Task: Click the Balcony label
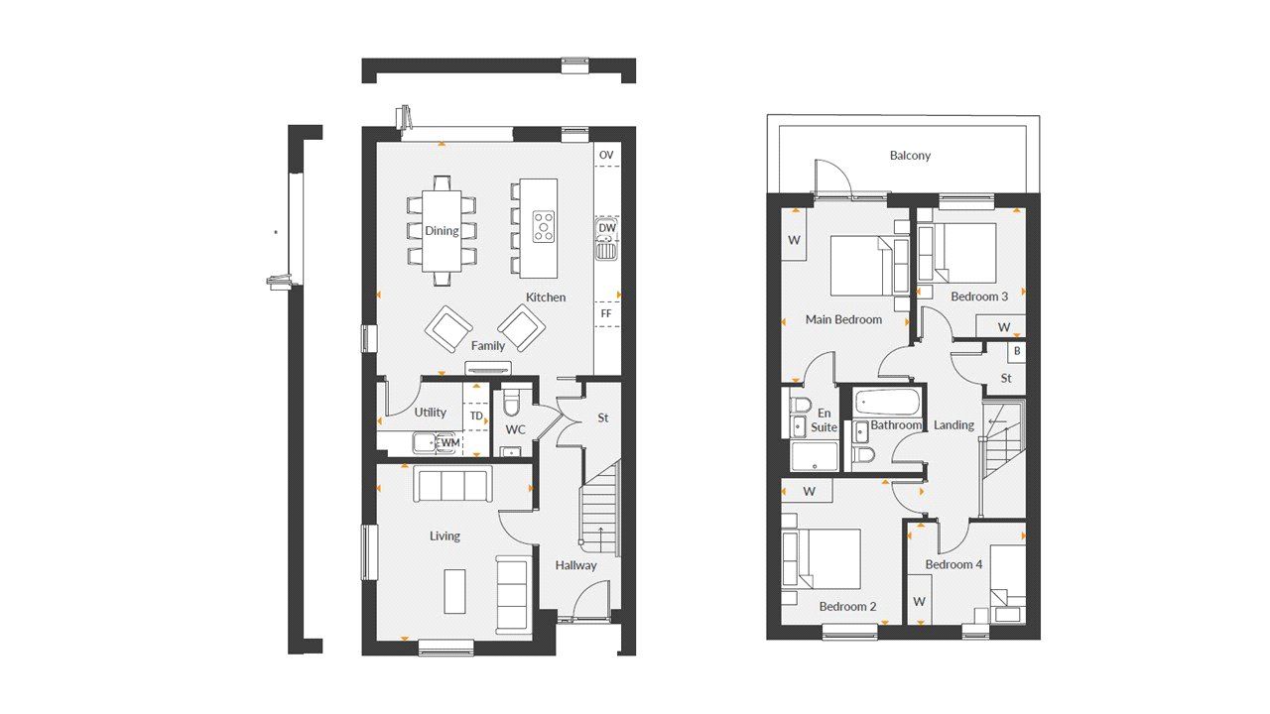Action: point(910,156)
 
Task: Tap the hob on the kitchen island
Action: point(543,226)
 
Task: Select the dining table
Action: point(442,230)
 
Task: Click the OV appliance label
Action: point(606,155)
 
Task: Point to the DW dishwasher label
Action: point(607,228)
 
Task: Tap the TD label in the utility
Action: point(476,416)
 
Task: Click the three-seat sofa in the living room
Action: point(452,485)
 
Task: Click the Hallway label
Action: point(576,565)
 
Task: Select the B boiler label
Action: point(1017,351)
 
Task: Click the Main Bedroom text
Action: point(843,319)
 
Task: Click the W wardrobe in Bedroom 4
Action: point(919,602)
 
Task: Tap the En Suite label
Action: point(825,420)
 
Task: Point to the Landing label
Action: point(953,425)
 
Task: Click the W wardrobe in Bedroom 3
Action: point(1003,327)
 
